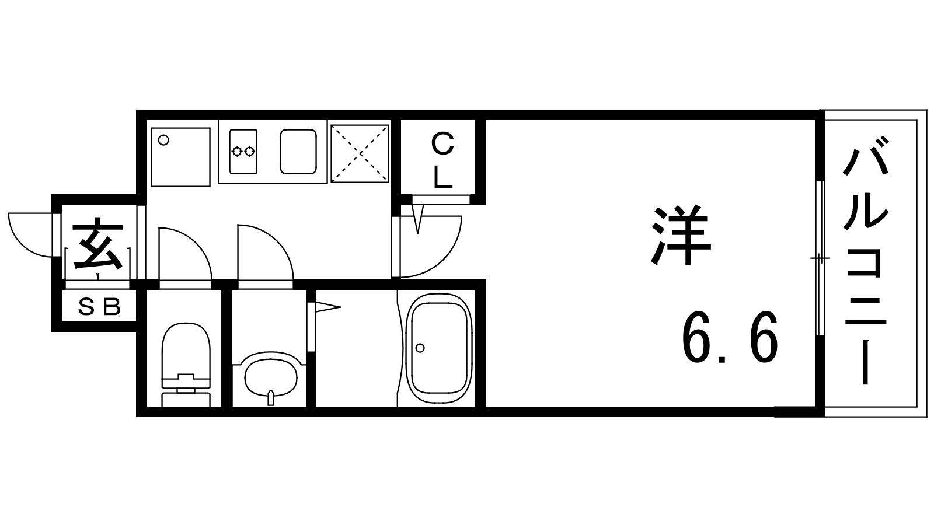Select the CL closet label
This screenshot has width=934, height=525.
(442, 160)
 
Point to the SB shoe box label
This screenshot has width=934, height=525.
(100, 307)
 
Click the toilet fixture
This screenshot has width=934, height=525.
(186, 364)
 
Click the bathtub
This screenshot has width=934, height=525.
(439, 348)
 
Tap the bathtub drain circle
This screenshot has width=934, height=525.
(420, 348)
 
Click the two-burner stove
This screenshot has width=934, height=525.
(243, 152)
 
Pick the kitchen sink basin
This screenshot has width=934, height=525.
(298, 152)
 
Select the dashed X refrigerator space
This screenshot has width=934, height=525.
(360, 153)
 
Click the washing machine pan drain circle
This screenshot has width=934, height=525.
(164, 141)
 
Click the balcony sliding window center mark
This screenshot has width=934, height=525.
(820, 259)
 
